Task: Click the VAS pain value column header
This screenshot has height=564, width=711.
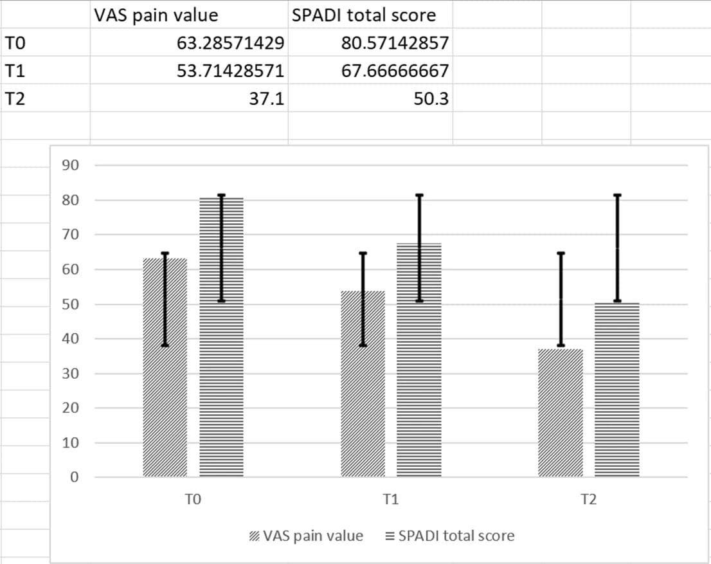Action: (156, 15)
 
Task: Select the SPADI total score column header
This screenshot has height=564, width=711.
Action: (364, 15)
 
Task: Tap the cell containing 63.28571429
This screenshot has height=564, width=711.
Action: (230, 43)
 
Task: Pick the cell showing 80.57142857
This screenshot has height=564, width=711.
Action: (395, 43)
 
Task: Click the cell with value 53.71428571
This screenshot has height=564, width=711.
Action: (230, 71)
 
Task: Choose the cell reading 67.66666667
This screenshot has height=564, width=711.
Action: (395, 71)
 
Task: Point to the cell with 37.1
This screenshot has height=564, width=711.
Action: (267, 98)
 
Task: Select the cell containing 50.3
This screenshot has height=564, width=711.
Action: (431, 98)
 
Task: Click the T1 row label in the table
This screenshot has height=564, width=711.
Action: (15, 71)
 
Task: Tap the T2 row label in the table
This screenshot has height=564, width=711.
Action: (15, 98)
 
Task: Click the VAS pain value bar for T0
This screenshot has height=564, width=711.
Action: (165, 367)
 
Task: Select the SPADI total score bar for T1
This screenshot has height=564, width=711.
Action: (419, 360)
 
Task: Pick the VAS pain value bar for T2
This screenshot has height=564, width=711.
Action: (561, 413)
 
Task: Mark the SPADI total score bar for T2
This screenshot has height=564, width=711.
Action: (617, 390)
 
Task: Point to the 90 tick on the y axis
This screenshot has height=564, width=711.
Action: (70, 165)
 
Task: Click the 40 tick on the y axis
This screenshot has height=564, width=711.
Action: (70, 338)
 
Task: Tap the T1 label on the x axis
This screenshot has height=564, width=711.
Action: (390, 500)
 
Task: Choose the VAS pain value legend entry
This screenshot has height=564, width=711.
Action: (307, 536)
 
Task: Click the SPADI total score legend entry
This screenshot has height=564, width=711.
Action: (450, 536)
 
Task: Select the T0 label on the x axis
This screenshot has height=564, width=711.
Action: (193, 500)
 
